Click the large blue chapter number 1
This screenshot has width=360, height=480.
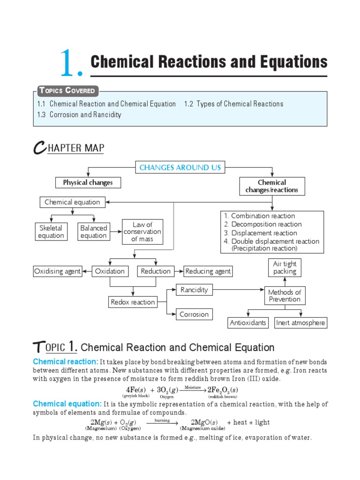(x=70, y=65)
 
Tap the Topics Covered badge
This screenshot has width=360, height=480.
(x=66, y=90)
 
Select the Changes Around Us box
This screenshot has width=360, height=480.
(x=180, y=167)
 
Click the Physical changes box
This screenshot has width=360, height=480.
(x=88, y=183)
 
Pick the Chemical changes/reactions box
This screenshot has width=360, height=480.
(x=271, y=186)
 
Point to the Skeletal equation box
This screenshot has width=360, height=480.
(x=51, y=232)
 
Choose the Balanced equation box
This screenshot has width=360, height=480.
(x=93, y=232)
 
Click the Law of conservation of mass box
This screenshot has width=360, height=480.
(x=142, y=232)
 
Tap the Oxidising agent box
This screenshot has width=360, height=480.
(x=57, y=271)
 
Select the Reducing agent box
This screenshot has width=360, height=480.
(x=208, y=271)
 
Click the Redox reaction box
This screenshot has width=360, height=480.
(x=133, y=302)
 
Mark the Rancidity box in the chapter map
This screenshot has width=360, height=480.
(x=194, y=290)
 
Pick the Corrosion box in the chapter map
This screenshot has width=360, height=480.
(x=194, y=315)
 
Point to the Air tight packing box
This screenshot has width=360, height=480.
(x=285, y=268)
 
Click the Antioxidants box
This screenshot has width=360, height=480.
(x=248, y=323)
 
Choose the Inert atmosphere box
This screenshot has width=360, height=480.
(x=300, y=323)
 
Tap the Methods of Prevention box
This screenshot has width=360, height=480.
(x=285, y=296)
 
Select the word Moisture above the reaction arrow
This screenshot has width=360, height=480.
(x=193, y=387)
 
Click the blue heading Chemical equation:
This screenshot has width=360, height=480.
(x=67, y=404)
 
